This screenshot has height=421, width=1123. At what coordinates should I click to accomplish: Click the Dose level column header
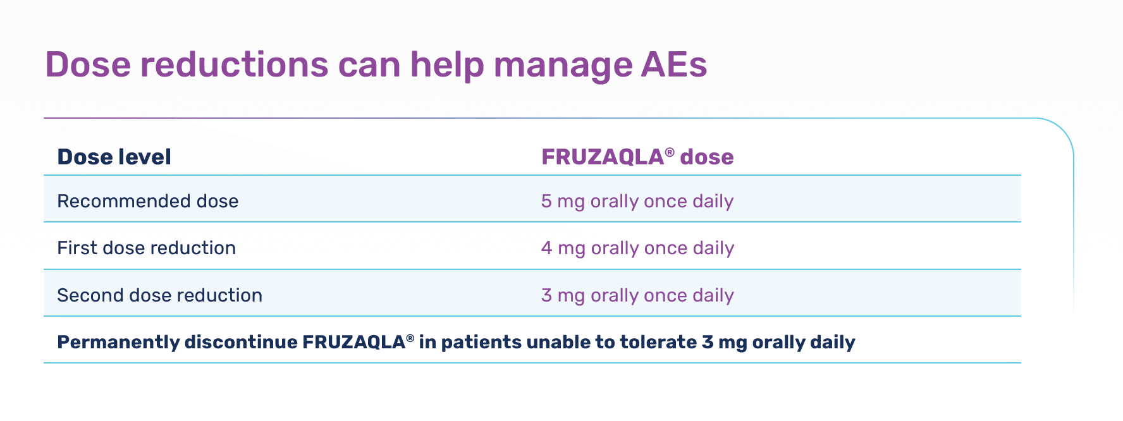click(x=114, y=157)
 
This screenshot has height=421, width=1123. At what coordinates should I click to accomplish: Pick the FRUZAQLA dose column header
click(x=637, y=157)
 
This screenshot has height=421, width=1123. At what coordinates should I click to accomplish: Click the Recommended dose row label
click(x=148, y=201)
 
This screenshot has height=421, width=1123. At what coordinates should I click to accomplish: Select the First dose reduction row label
click(x=147, y=248)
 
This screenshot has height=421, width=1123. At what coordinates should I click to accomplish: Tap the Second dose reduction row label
click(x=160, y=295)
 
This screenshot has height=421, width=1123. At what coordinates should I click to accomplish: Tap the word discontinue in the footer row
click(x=241, y=342)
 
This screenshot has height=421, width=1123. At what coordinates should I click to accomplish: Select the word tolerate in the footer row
click(x=659, y=342)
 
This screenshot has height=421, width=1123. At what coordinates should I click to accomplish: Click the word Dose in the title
click(x=88, y=64)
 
